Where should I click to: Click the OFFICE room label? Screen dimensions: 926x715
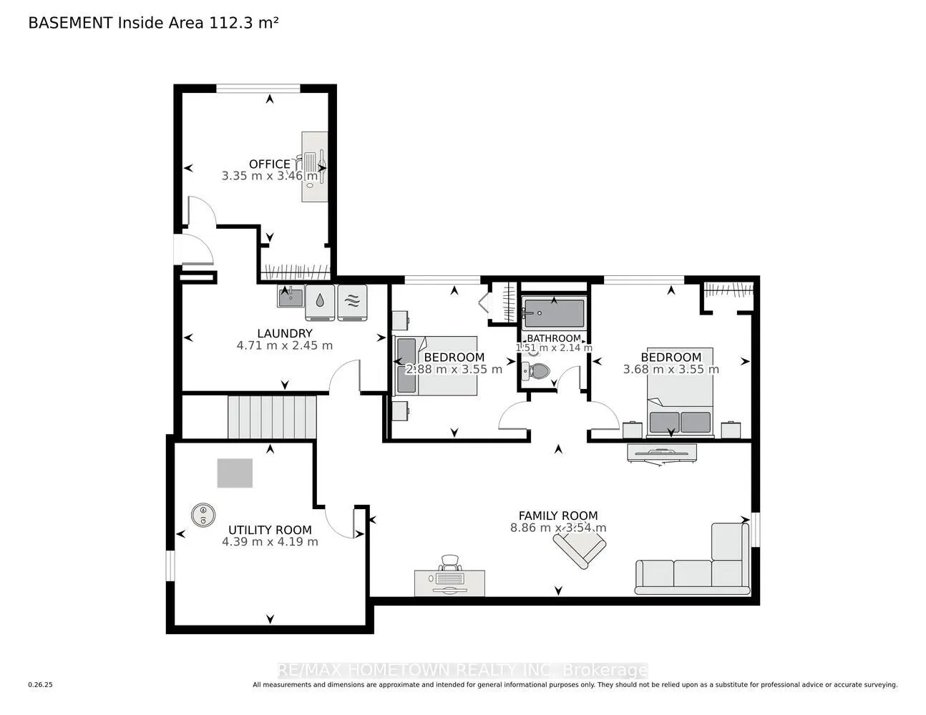point(269,164)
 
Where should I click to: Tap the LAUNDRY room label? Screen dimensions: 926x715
point(285,333)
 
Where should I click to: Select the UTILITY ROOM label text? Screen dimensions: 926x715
point(270,530)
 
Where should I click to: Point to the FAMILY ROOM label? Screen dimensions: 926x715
point(557,516)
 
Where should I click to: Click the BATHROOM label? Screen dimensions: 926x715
point(554,338)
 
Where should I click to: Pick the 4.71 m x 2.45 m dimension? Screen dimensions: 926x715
point(284,345)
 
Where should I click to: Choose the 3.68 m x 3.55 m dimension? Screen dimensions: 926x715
point(671,369)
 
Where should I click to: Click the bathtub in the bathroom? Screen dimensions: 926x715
point(554,313)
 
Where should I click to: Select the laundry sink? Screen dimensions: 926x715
point(291,296)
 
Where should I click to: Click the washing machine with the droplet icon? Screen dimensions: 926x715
point(320,302)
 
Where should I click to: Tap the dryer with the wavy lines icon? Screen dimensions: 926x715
point(352,302)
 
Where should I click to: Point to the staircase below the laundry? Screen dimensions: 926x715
point(272,417)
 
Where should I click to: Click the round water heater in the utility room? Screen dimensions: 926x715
point(203,516)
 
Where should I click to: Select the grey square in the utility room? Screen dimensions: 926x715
point(235,473)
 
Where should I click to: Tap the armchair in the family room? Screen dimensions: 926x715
point(580,547)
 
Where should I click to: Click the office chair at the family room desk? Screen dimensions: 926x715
point(450,563)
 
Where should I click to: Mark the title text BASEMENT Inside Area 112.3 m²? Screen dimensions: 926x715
point(153,23)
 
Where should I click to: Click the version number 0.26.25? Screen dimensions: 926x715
point(41,685)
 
